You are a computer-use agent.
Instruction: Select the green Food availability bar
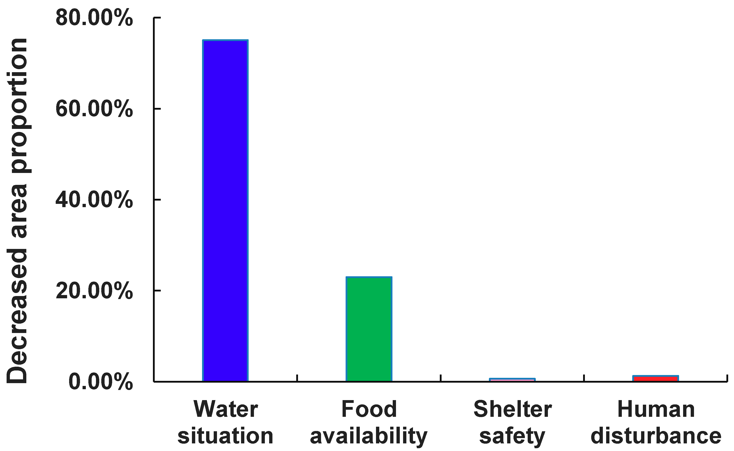[x=369, y=329]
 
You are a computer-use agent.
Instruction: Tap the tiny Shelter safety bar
[x=512, y=380]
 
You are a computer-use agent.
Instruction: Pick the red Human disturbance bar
[x=656, y=379]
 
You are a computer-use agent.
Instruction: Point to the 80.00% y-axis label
[x=94, y=18]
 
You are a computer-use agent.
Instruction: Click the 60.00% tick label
[x=94, y=109]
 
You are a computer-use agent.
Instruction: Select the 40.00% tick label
[x=94, y=200]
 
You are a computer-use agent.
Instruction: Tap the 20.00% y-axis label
[x=94, y=290]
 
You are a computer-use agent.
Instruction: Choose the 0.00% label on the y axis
[x=101, y=382]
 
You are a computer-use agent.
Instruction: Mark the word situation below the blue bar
[x=226, y=436]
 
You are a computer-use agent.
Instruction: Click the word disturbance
[x=656, y=436]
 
